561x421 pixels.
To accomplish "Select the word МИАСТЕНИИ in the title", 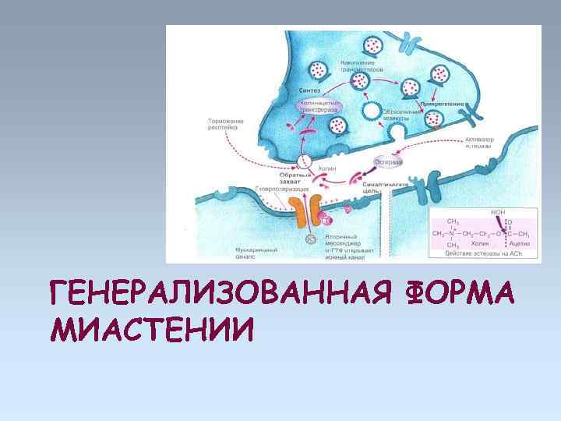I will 151,331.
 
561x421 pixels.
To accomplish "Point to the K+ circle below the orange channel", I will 309,239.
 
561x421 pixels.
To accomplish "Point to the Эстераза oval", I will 389,162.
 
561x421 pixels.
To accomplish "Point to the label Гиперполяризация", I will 281,189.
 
